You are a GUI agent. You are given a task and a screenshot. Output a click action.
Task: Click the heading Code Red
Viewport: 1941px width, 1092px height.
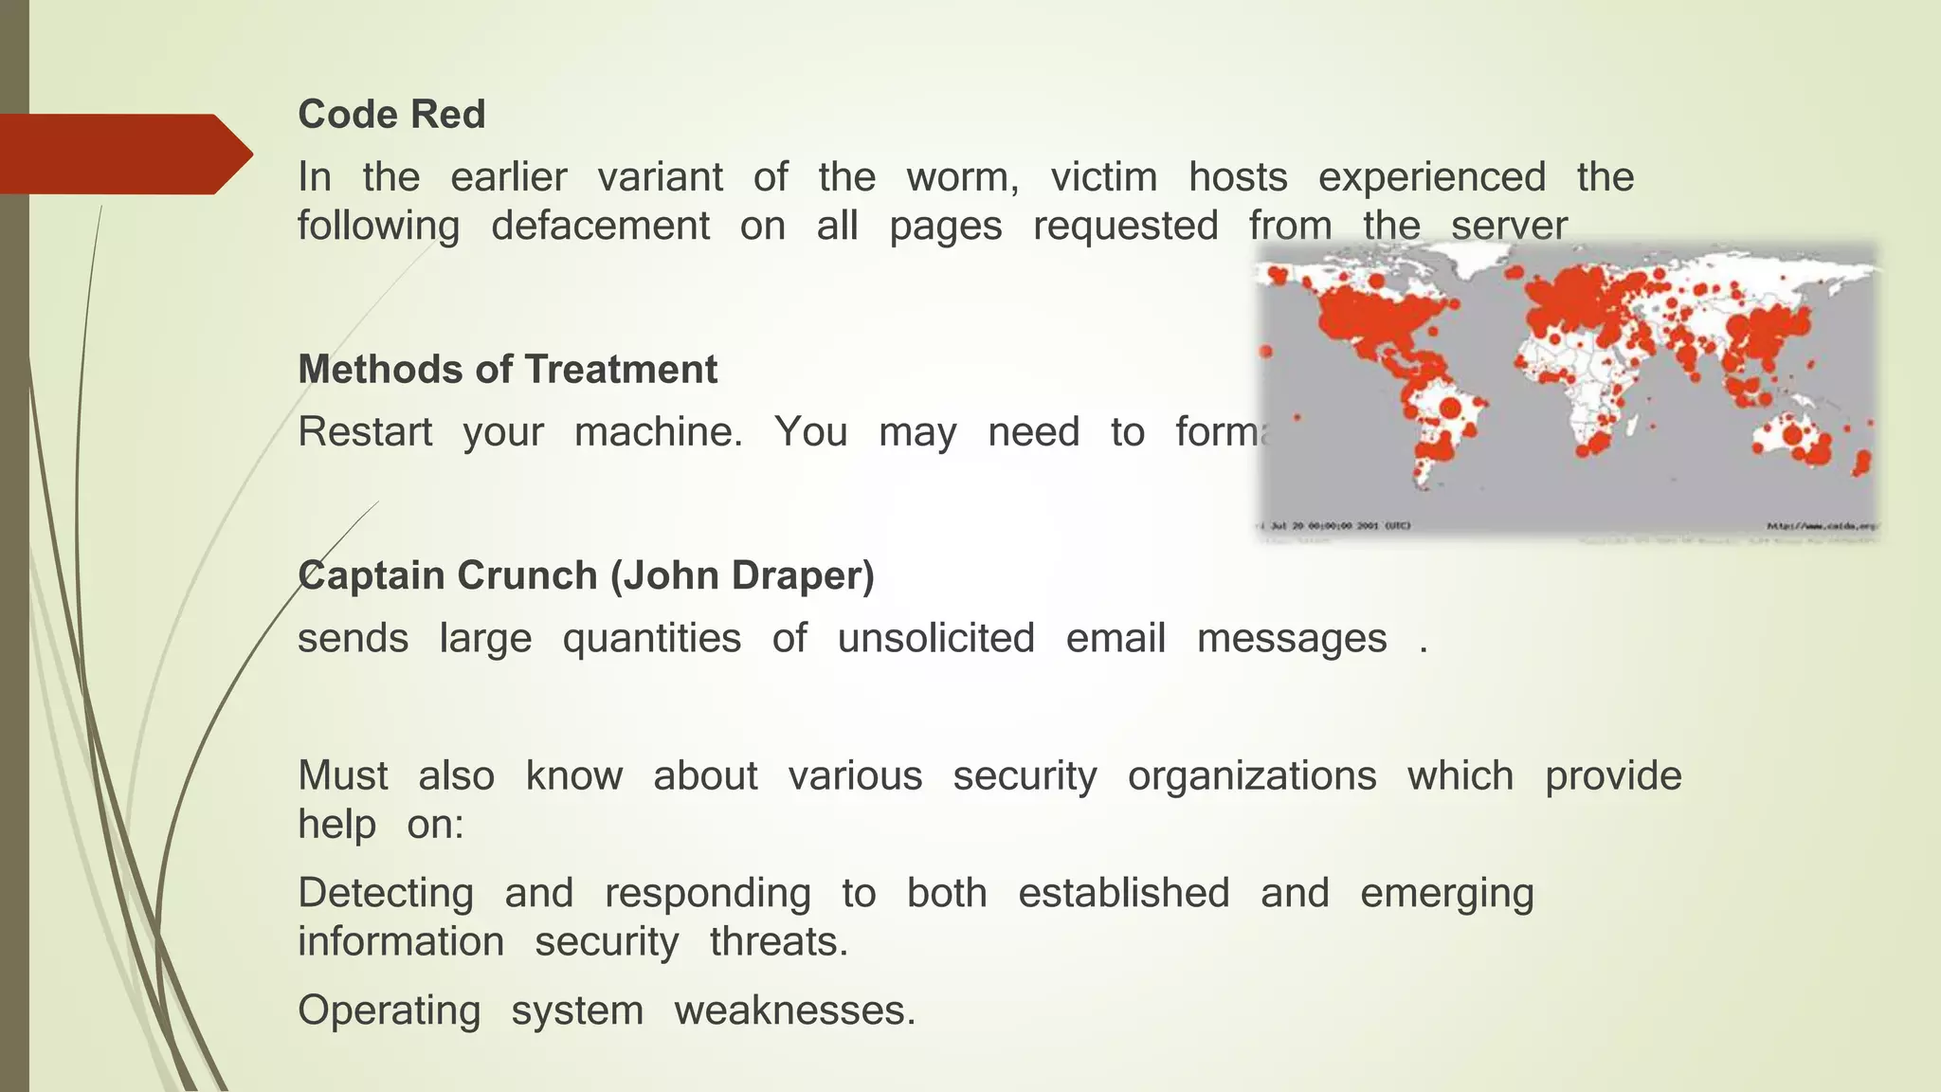coord(391,115)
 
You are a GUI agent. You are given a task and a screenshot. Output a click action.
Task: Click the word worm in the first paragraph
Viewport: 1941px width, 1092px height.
coord(962,177)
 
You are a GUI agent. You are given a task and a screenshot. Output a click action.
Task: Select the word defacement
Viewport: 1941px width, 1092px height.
coord(600,227)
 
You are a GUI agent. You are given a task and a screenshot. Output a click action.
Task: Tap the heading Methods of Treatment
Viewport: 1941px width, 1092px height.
coord(507,370)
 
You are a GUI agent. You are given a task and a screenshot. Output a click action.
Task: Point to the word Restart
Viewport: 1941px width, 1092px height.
coord(365,432)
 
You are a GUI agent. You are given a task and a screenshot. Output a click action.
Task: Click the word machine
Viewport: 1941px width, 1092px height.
coord(659,432)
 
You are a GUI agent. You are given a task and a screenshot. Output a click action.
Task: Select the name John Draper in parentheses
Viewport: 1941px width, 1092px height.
coord(742,575)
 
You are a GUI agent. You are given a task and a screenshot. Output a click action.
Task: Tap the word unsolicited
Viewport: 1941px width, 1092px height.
coord(935,638)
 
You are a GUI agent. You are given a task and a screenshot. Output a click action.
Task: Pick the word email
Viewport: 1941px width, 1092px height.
coord(1116,638)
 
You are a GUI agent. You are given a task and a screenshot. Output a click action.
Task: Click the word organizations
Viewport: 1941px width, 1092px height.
coord(1251,775)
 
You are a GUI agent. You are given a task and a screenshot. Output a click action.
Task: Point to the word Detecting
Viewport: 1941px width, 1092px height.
coord(386,893)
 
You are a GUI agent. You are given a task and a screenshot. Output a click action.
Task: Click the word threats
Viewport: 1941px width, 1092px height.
coord(778,942)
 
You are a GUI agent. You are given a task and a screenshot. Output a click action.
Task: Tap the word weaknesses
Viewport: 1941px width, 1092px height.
coord(794,1010)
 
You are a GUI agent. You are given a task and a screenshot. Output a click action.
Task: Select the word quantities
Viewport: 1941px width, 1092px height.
coord(651,639)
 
